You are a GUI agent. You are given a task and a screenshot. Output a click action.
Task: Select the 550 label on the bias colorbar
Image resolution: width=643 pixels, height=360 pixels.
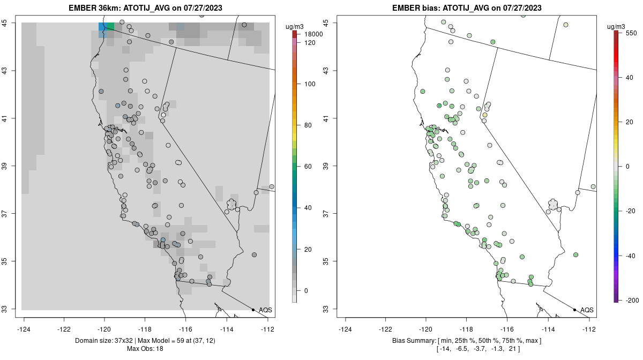630,33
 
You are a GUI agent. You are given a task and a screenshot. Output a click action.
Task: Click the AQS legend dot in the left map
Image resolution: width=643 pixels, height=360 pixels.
253,310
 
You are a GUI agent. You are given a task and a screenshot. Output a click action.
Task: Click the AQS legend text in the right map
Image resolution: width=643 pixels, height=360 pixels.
587,310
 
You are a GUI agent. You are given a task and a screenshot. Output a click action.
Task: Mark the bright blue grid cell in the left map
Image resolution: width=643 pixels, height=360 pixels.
102,27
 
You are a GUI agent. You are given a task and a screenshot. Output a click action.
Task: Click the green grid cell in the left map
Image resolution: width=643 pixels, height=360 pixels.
110,26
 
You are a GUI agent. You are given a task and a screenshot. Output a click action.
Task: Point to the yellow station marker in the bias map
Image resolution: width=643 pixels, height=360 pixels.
484,115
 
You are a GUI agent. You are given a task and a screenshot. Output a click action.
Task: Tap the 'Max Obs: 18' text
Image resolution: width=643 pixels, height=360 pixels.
145,349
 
